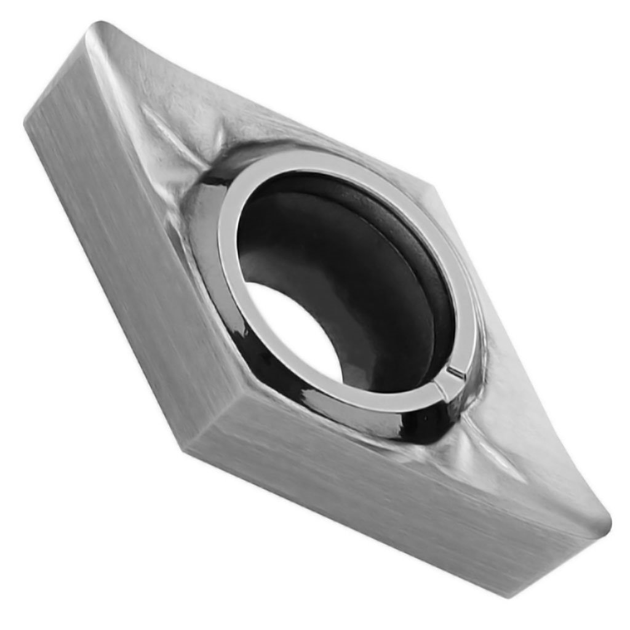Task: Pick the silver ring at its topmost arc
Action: pos(320,159)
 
